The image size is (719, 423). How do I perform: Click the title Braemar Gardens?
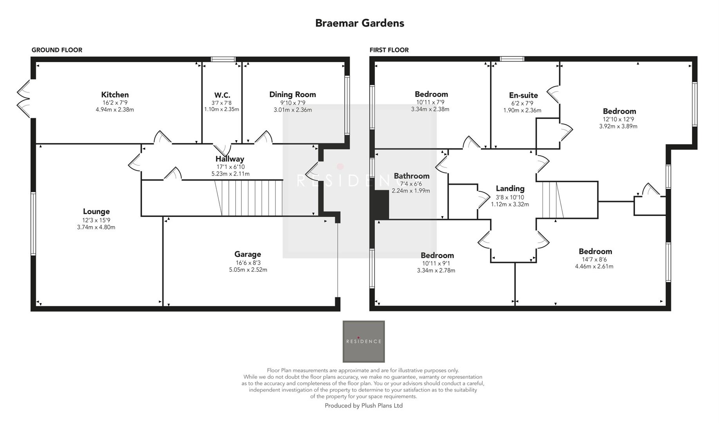[359, 23]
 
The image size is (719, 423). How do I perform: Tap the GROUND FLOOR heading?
[57, 50]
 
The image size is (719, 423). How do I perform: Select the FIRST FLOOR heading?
[389, 50]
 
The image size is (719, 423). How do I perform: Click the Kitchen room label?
[115, 94]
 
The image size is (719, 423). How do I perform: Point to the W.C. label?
[222, 95]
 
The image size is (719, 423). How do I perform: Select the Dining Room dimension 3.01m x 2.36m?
[293, 110]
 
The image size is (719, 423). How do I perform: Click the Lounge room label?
[96, 211]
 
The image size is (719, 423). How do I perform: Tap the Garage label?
[248, 254]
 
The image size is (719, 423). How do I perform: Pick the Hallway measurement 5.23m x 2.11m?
[230, 174]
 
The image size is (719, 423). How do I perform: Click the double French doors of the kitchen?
[24, 98]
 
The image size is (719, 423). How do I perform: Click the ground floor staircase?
[251, 198]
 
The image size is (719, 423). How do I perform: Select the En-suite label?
[523, 95]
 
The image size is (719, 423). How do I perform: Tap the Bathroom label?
[411, 176]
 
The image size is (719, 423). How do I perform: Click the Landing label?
[510, 188]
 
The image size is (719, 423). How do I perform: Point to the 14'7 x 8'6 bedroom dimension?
[594, 259]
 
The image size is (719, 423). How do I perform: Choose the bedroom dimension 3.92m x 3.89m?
[618, 127]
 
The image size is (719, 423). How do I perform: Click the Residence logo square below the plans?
[363, 341]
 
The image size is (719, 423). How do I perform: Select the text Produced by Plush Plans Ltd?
[363, 406]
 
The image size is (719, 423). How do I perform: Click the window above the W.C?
[223, 59]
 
